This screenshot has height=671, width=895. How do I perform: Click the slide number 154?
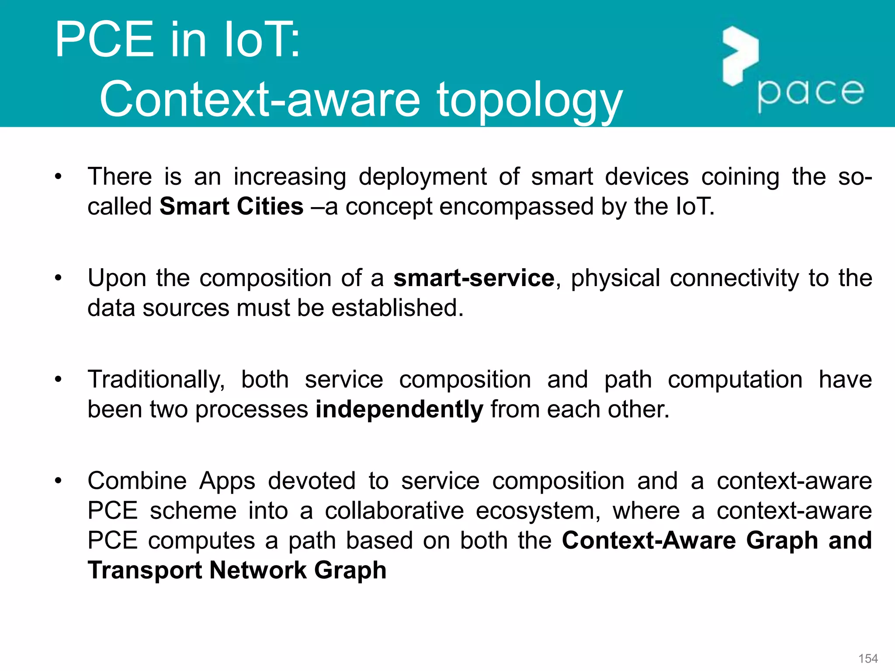click(x=868, y=658)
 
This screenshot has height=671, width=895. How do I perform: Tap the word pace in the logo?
click(x=811, y=93)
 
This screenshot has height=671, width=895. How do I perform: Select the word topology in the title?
click(x=529, y=100)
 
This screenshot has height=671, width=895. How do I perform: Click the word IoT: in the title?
click(x=262, y=40)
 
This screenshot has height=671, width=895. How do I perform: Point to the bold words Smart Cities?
click(x=231, y=206)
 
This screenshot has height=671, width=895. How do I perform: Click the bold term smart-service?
click(x=474, y=278)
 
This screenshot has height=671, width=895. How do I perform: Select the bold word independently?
click(x=399, y=409)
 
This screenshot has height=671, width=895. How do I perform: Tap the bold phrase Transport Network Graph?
click(x=237, y=570)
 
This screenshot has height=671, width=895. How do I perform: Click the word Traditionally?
click(x=156, y=380)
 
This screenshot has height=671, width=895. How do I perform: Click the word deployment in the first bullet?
click(x=423, y=177)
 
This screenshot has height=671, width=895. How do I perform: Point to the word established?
click(x=397, y=308)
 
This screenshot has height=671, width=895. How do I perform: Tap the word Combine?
click(x=137, y=481)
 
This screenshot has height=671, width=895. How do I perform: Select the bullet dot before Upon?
click(x=59, y=278)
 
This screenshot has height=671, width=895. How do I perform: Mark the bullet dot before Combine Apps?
click(x=59, y=481)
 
